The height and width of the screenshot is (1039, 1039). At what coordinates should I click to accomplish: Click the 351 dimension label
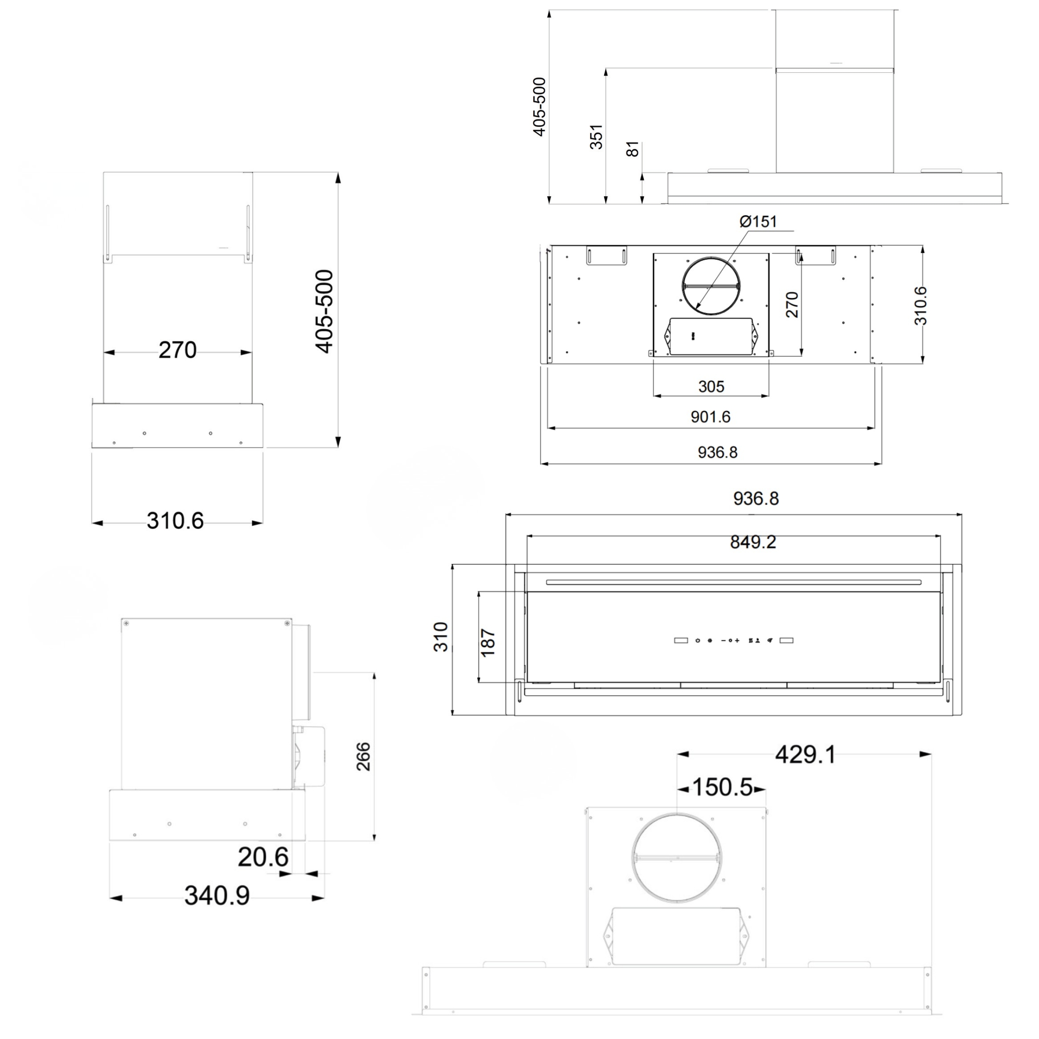596,137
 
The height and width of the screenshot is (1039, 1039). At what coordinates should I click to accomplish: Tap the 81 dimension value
633,149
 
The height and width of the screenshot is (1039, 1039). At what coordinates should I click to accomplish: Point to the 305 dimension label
711,386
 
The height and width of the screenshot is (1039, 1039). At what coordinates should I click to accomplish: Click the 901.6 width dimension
710,417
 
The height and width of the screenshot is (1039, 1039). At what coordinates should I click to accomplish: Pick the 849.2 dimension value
753,542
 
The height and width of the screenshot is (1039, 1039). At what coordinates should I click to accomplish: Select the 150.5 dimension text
722,787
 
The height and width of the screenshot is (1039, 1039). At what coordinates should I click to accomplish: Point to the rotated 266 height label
364,756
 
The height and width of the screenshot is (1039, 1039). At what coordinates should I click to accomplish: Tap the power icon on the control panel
697,640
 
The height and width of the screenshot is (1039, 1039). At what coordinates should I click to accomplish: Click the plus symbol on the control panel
737,640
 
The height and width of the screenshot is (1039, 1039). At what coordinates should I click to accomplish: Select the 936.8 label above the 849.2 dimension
756,499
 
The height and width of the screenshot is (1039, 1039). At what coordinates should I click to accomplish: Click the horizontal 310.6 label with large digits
175,521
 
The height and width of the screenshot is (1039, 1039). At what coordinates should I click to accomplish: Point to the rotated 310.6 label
921,305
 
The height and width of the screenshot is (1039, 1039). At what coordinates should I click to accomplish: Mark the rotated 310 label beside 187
441,637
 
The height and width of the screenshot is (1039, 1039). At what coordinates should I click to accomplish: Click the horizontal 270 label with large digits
177,350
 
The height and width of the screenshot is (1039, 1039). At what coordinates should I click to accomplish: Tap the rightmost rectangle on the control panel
786,640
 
